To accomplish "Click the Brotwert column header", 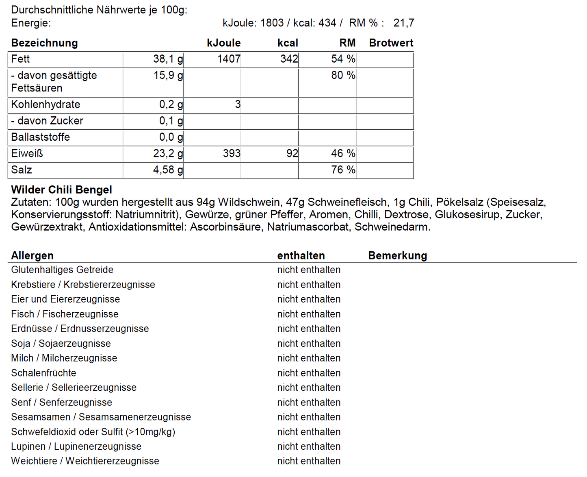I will (391, 43).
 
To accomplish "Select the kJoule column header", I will (223, 43).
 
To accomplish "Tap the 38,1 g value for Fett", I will (168, 59).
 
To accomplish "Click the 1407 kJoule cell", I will (229, 59).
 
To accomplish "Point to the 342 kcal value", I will (289, 59).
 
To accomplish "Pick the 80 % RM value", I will (343, 76).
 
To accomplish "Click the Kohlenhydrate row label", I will (45, 105).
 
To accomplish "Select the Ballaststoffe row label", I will (40, 137).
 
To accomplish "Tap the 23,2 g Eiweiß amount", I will (168, 154).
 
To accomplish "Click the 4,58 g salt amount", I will (168, 170).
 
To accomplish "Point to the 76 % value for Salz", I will (343, 170).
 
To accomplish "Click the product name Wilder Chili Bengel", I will (61, 190).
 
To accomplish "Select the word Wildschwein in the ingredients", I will (249, 202).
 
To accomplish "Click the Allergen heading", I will (32, 256).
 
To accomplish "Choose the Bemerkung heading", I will (397, 256).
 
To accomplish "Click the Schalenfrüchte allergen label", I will (43, 373).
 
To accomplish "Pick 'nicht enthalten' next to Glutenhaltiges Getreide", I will (309, 270).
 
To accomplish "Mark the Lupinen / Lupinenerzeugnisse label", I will (76, 447).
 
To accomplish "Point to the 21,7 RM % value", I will (403, 23).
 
